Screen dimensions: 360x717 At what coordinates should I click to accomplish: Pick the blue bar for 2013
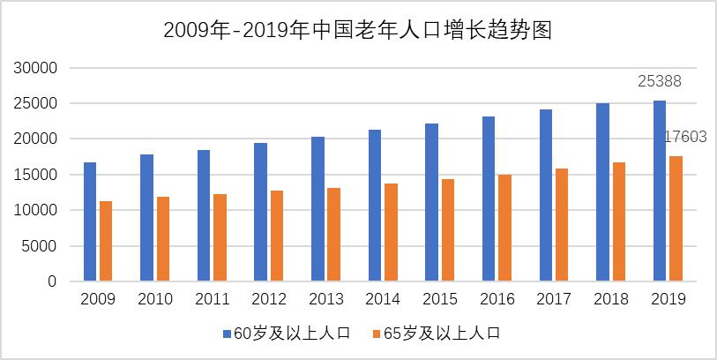317,209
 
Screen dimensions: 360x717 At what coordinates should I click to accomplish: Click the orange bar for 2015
447,230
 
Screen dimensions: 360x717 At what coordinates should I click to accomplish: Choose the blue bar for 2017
546,195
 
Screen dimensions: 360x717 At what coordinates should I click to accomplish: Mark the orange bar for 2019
676,219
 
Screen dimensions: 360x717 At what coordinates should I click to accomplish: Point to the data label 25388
660,82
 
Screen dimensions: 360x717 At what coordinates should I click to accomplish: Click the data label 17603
686,137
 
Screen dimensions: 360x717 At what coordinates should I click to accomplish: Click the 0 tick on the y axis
53,281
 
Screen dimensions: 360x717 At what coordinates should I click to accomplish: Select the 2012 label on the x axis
269,299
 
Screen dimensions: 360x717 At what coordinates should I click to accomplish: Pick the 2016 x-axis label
497,299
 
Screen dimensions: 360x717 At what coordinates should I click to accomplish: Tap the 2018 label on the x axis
610,299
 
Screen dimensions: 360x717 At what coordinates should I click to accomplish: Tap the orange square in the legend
377,334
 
